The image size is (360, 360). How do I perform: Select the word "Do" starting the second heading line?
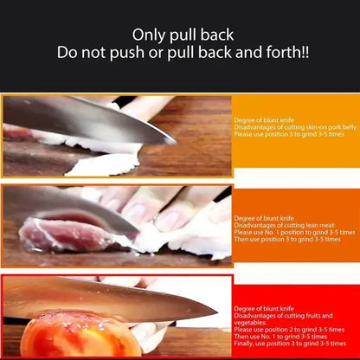click(67, 53)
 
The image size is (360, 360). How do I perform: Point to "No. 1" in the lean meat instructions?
click(266, 233)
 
